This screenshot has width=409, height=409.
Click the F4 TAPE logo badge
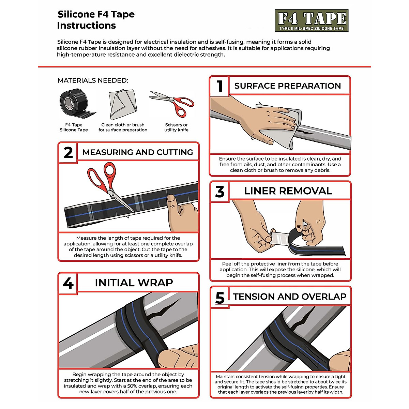coord(312,20)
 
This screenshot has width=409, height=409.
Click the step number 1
coord(220,86)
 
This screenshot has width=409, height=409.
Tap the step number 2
coord(68,153)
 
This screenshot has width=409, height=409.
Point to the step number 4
coord(68,283)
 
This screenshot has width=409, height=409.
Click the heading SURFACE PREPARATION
coord(288,86)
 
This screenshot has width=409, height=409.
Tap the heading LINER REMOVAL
coord(288,191)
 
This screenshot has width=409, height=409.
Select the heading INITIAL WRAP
coord(134,283)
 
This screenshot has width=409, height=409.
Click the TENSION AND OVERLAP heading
coord(290,297)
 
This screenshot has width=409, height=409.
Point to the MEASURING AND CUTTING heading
coord(138,152)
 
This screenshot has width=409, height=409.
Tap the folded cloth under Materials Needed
coord(123,104)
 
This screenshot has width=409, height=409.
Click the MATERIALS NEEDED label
coord(93,80)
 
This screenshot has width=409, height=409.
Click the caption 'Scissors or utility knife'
coord(176,127)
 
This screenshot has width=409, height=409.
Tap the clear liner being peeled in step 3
coord(281,237)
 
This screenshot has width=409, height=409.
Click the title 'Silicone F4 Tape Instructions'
coord(96,20)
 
